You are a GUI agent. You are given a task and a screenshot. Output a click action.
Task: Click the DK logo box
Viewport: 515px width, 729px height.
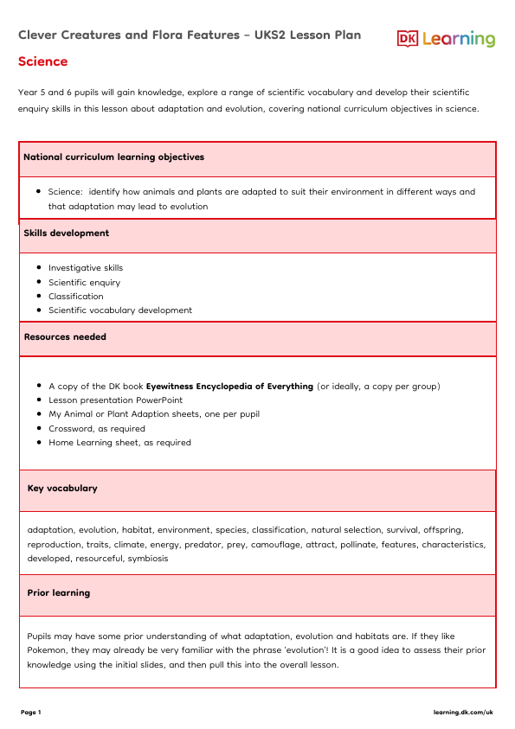tap(408, 38)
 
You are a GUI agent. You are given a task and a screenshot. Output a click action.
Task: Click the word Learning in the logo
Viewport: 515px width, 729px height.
tap(459, 39)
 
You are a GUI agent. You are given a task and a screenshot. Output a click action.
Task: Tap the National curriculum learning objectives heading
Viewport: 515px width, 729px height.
tap(113, 157)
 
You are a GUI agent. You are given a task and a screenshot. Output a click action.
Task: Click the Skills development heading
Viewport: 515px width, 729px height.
tap(66, 233)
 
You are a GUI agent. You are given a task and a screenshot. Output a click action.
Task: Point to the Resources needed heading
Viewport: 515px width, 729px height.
tap(65, 336)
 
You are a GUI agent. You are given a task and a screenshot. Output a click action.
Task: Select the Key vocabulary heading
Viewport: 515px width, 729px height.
tap(62, 488)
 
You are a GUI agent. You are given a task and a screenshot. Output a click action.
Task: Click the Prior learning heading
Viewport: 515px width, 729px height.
tap(59, 593)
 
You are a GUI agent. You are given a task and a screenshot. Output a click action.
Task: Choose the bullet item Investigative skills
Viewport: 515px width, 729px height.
tap(86, 268)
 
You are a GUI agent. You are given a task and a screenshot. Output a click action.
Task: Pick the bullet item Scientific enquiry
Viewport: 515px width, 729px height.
tap(84, 282)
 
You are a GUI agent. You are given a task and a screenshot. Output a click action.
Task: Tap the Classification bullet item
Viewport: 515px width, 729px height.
tap(75, 296)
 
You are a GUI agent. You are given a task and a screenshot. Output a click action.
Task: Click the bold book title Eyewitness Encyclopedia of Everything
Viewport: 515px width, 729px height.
tap(229, 387)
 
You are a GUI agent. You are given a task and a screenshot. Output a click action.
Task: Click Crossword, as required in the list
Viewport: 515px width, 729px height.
tap(97, 428)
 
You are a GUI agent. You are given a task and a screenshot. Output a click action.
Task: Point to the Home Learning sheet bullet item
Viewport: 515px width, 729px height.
tap(119, 442)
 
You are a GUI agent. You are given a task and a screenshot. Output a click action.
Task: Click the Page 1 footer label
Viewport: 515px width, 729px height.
tap(30, 712)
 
